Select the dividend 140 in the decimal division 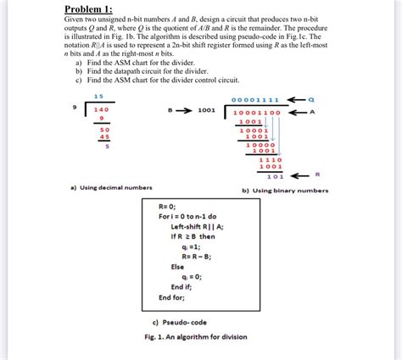point(102,110)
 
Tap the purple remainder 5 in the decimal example point(107,146)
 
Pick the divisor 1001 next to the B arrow point(207,110)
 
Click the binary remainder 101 point(274,176)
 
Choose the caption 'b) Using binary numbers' point(285,191)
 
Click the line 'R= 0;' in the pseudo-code point(166,206)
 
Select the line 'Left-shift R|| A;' point(197,226)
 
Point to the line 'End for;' point(171,297)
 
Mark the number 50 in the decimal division point(104,129)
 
